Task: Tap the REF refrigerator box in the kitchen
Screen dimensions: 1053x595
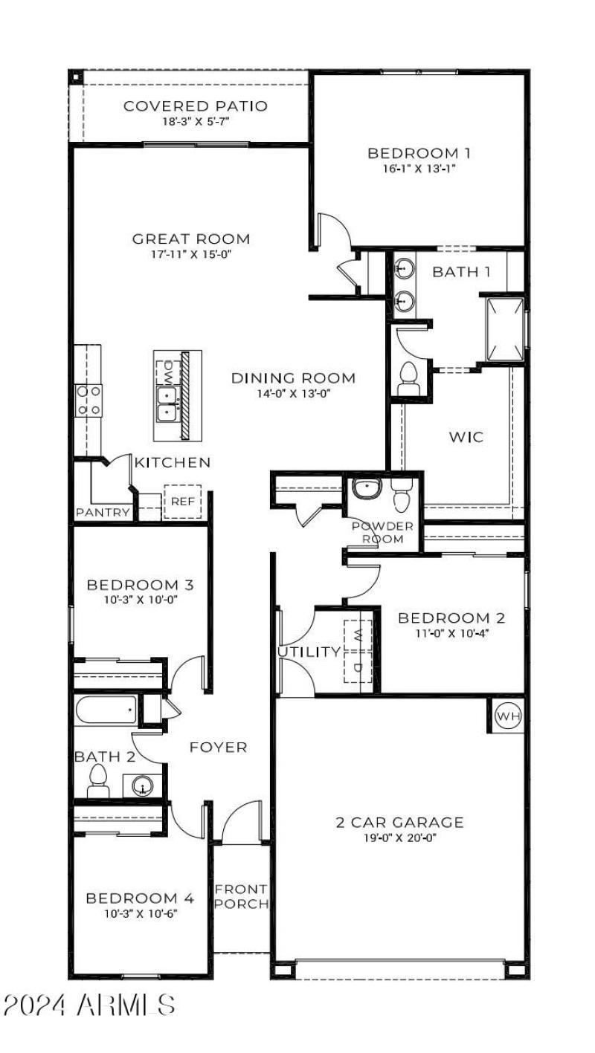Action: pyautogui.click(x=182, y=502)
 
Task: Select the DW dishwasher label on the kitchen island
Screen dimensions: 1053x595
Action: pyautogui.click(x=168, y=369)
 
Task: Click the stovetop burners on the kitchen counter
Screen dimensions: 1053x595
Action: pyautogui.click(x=89, y=400)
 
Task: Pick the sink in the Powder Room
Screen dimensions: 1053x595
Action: pyautogui.click(x=367, y=489)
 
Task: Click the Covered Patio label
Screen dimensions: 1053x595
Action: pyautogui.click(x=196, y=106)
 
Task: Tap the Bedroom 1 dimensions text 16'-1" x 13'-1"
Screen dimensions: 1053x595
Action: pyautogui.click(x=419, y=169)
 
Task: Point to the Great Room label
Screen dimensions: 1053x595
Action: pyautogui.click(x=191, y=239)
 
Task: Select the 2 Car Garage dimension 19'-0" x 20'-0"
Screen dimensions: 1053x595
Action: pyautogui.click(x=399, y=838)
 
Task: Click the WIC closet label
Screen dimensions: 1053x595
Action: pyautogui.click(x=466, y=436)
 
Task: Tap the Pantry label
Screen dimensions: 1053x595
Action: pyautogui.click(x=103, y=513)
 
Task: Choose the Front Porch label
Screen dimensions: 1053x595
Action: pyautogui.click(x=241, y=896)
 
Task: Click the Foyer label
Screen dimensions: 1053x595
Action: pyautogui.click(x=218, y=747)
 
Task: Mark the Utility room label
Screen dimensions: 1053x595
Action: pyautogui.click(x=309, y=652)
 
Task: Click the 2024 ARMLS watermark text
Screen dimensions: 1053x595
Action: pyautogui.click(x=89, y=1005)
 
